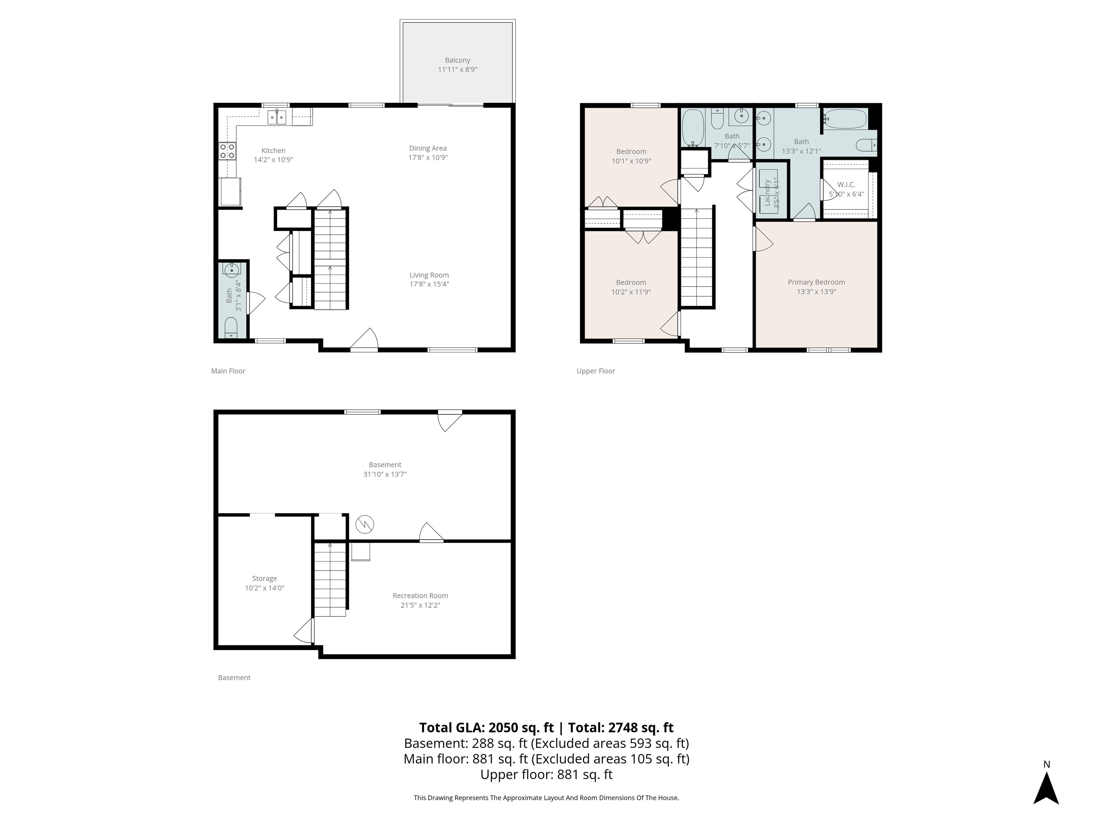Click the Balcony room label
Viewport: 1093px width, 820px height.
457,60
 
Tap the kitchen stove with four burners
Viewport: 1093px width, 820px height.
227,151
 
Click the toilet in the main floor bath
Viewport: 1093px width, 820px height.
231,327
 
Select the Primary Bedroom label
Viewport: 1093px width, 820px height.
816,282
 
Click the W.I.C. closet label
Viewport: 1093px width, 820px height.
846,184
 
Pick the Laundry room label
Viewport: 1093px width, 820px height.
767,193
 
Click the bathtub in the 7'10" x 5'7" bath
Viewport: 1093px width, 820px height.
692,127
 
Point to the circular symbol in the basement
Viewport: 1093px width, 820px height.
365,524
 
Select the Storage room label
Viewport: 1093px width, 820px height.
264,578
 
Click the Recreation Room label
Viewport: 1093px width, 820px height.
420,595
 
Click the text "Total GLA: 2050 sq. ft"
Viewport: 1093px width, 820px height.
486,727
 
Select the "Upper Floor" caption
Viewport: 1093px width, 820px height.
595,371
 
